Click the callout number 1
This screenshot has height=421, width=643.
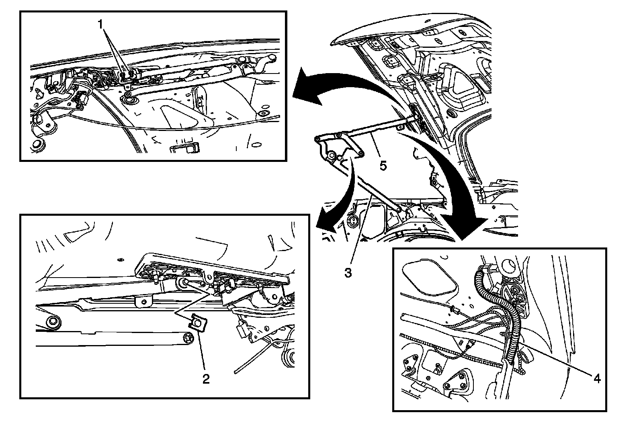tap(101, 25)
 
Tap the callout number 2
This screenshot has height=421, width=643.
tap(206, 378)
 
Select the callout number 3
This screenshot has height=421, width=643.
tap(348, 273)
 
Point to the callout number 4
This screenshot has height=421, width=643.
tap(597, 378)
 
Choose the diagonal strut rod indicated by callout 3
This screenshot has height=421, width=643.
tap(380, 195)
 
